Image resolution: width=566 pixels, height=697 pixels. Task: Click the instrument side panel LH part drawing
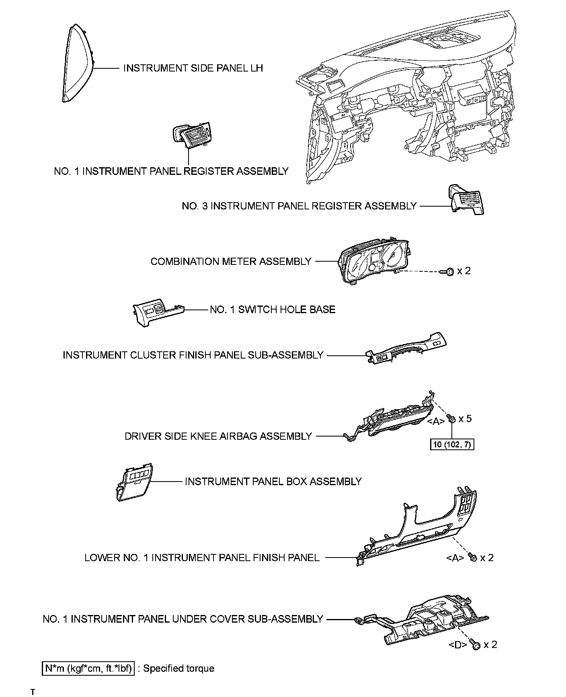(x=78, y=64)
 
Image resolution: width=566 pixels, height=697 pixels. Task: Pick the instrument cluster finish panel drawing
(x=406, y=348)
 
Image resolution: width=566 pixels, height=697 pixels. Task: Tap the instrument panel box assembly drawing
(x=135, y=482)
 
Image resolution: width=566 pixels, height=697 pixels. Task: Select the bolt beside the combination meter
(x=448, y=272)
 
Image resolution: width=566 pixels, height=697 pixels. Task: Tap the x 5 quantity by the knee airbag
(x=465, y=418)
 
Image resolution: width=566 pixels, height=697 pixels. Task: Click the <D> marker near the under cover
(x=458, y=656)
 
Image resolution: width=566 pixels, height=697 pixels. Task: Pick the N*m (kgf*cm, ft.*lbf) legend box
(x=88, y=668)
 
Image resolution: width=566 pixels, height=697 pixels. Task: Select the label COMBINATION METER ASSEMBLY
(x=231, y=261)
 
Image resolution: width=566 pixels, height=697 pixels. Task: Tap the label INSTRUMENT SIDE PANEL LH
(x=193, y=68)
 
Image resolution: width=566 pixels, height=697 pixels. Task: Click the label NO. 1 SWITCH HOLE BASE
(x=272, y=310)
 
